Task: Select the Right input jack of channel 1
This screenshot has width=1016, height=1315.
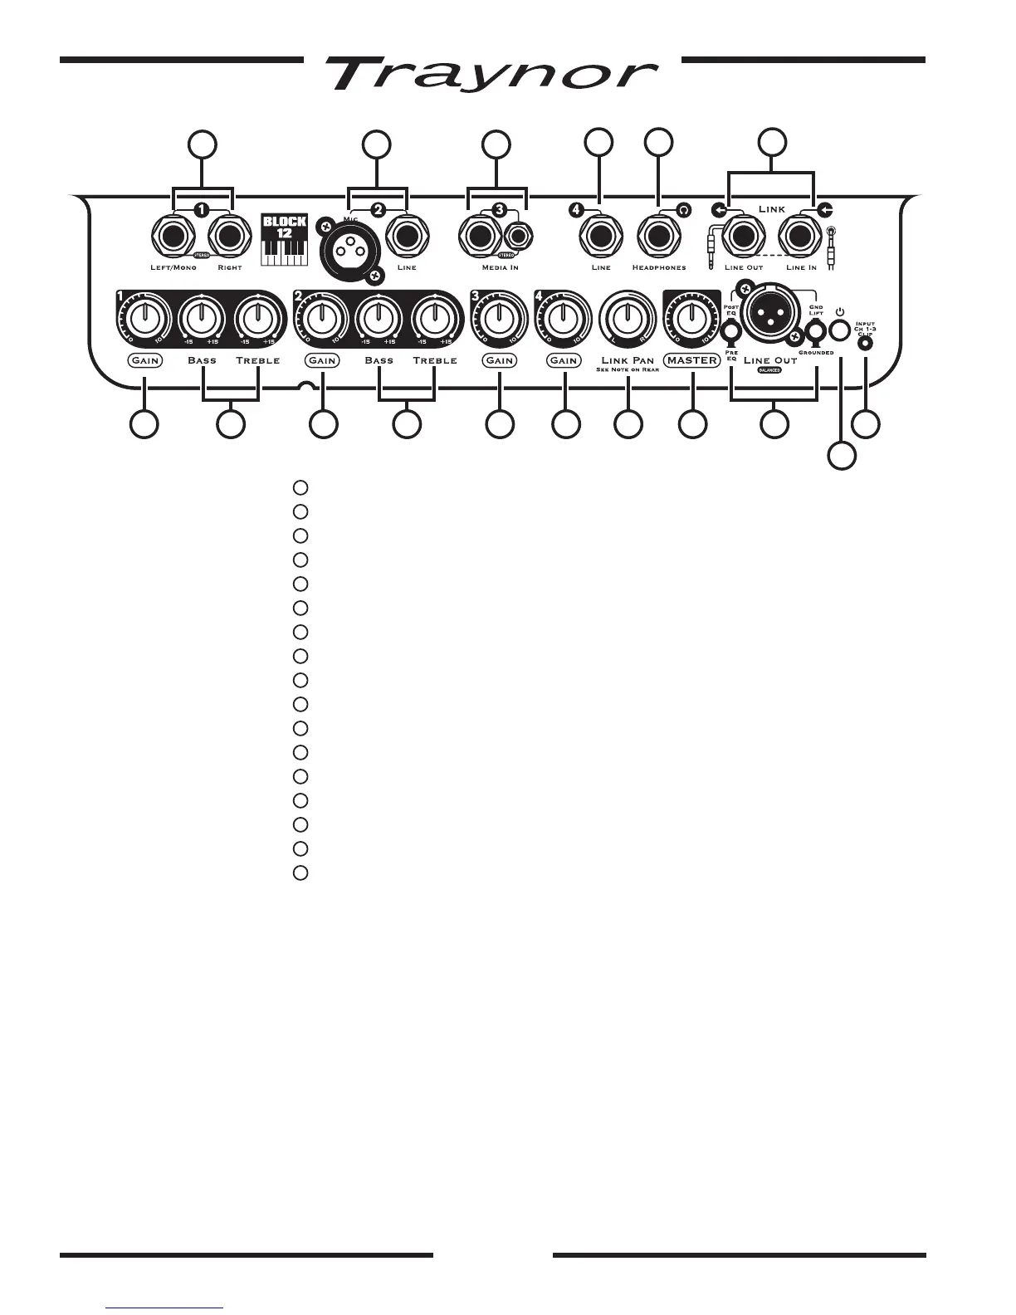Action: point(229,238)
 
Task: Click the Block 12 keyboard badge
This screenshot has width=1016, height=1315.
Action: point(285,241)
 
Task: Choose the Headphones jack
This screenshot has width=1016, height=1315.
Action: point(659,238)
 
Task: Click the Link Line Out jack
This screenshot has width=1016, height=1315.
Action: point(744,238)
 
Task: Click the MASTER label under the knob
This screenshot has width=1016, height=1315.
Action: point(691,360)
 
